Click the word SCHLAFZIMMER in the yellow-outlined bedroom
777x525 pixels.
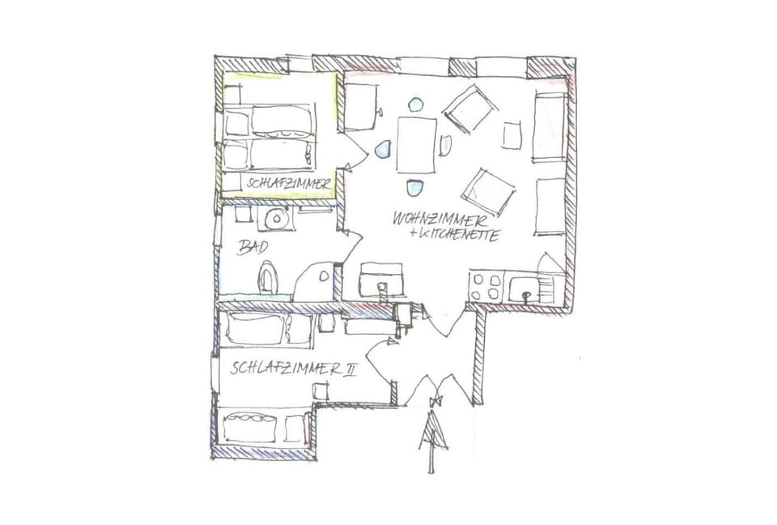point(289,184)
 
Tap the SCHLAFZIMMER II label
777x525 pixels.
point(293,369)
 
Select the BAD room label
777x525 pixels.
point(252,247)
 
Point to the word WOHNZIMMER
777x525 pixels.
point(439,219)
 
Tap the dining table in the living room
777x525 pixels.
point(416,145)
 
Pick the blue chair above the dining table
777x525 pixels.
point(416,105)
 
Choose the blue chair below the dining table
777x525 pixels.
point(415,188)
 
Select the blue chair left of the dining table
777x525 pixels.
point(384,149)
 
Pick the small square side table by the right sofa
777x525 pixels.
point(512,134)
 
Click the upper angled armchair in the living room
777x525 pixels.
point(469,109)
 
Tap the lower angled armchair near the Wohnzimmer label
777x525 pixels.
point(489,191)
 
